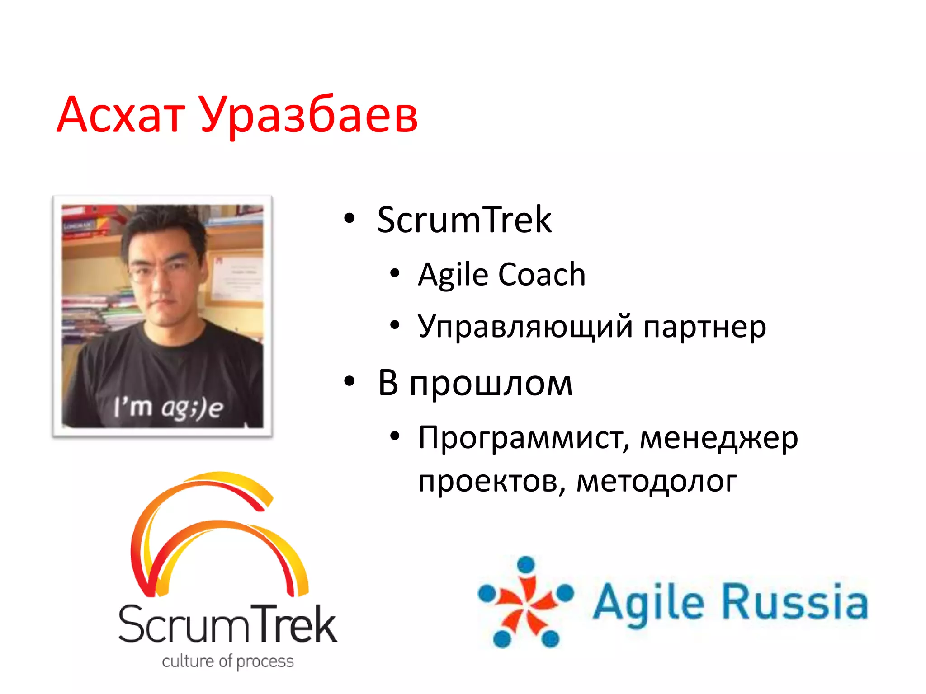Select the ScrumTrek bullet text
pos(464,220)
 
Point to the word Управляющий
pos(525,327)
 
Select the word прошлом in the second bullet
pos(491,384)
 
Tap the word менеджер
pos(719,438)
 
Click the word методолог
pos(657,482)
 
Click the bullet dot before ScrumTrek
pos(350,219)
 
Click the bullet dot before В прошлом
pos(350,381)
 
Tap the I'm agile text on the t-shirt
pos(168,407)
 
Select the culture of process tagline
pos(228,661)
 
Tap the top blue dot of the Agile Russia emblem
pos(526,565)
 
